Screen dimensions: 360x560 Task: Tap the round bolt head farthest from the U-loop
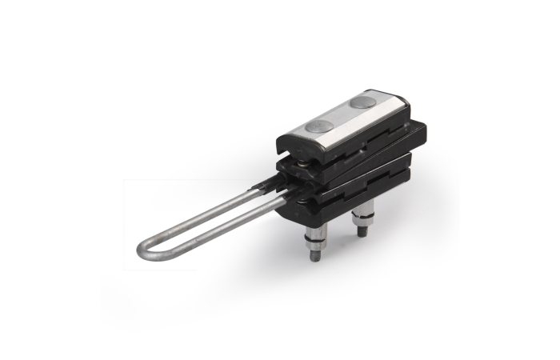(364, 102)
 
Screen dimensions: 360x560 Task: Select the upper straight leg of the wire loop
(200, 212)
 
